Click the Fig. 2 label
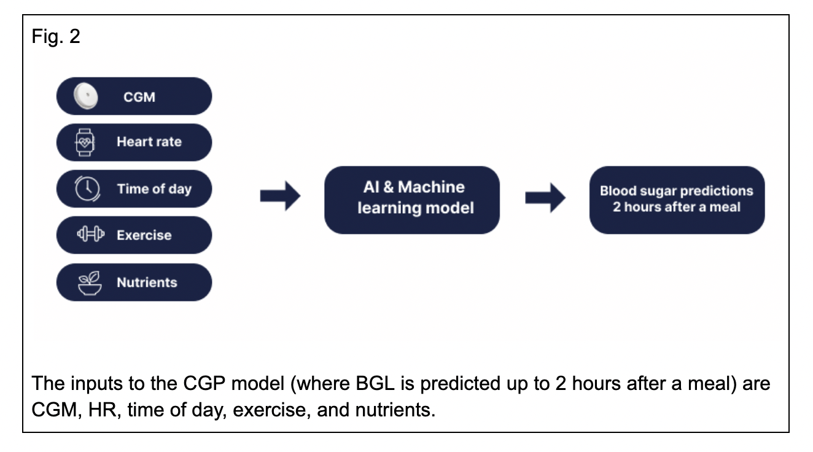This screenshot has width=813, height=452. coord(55,36)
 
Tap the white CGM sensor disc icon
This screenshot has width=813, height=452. coord(86,96)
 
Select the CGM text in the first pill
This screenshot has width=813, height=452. coord(139,97)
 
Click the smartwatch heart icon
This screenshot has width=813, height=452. coord(85,142)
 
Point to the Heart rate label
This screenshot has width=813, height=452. coord(149,142)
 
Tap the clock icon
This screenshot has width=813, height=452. coord(87,189)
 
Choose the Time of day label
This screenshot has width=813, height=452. coord(154,189)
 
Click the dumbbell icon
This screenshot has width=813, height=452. coord(91,234)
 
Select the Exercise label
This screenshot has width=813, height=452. coord(144,235)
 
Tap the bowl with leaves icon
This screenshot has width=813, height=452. coord(90,283)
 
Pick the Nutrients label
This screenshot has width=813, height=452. coord(147,282)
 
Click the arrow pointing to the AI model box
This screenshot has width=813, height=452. coord(280,196)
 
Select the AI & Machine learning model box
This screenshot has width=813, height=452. coord(412,200)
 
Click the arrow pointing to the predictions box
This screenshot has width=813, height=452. coord(545,198)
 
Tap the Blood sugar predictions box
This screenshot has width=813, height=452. coord(677,200)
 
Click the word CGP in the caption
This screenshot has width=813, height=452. coord(204,383)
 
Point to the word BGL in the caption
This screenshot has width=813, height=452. coord(375,383)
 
